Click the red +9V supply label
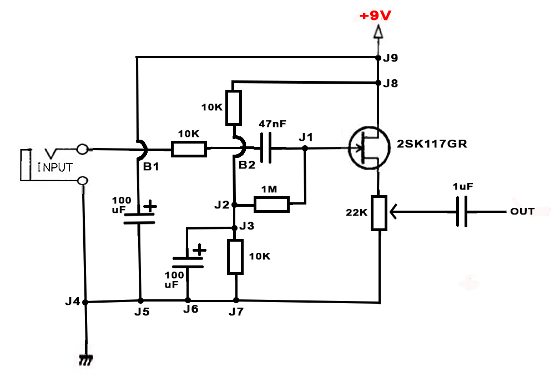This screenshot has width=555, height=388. pyautogui.click(x=376, y=16)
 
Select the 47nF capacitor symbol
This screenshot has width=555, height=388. pyautogui.click(x=266, y=148)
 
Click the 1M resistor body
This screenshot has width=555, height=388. pyautogui.click(x=272, y=205)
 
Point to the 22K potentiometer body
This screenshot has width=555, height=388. pyautogui.click(x=379, y=212)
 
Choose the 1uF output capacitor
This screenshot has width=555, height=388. pyautogui.click(x=462, y=211)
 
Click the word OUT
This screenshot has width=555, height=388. pyautogui.click(x=522, y=211)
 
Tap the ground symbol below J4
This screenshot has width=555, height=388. pyautogui.click(x=85, y=360)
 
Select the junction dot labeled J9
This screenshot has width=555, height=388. pyautogui.click(x=377, y=57)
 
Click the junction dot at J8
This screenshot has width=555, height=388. pyautogui.click(x=377, y=83)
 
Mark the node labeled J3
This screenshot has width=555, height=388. pyautogui.click(x=235, y=227)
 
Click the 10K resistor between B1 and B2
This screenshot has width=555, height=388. pyautogui.click(x=189, y=149)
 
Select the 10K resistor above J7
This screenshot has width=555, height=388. pyautogui.click(x=235, y=257)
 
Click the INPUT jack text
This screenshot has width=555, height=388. pyautogui.click(x=56, y=167)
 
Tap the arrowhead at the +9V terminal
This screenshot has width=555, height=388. pyautogui.click(x=377, y=34)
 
